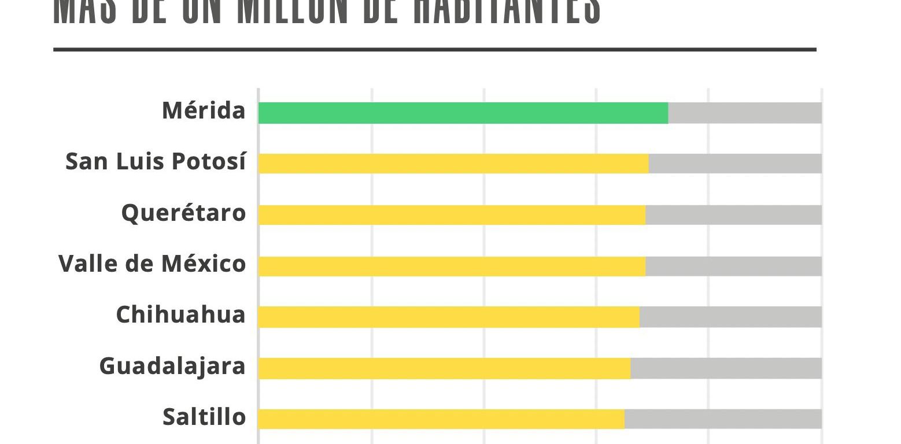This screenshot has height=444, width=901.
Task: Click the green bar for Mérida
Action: tap(463, 113)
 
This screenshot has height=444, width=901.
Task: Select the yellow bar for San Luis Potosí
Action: tap(453, 164)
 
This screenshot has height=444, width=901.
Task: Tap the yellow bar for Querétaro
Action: tap(452, 215)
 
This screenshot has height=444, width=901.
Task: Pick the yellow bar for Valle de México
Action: tap(452, 266)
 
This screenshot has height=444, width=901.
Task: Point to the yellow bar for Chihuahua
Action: tap(449, 317)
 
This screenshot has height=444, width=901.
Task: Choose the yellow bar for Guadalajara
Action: tap(444, 368)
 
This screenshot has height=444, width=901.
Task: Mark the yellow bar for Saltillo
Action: tap(441, 419)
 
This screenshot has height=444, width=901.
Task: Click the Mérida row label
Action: tap(204, 110)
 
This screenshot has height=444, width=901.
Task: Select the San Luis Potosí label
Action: tap(156, 161)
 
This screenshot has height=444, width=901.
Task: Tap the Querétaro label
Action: tap(183, 213)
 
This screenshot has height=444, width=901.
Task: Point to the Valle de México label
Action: tap(152, 264)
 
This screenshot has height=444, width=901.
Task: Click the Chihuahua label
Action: tap(180, 315)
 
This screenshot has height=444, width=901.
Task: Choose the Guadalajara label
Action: tap(172, 367)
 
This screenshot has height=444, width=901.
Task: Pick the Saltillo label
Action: tap(204, 417)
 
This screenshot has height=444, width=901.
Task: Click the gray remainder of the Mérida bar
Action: tap(745, 113)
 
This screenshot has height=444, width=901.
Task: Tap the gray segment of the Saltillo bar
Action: tap(723, 419)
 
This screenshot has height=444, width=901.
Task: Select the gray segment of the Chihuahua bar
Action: tap(730, 317)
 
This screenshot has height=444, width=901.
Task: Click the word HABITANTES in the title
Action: tap(507, 12)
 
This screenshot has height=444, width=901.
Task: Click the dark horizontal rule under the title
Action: tap(435, 50)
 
